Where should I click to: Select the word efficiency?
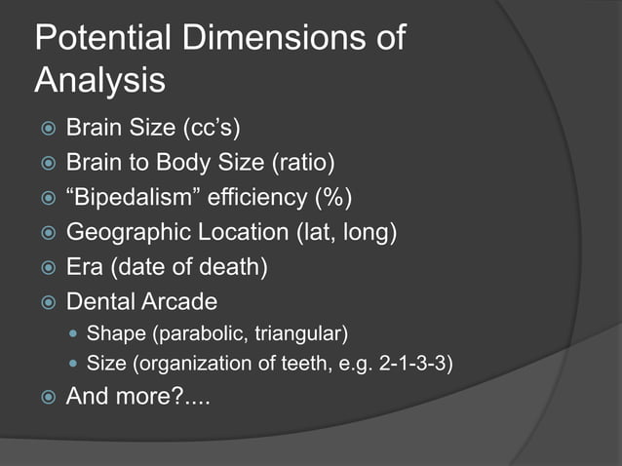[255, 198]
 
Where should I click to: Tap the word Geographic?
[127, 233]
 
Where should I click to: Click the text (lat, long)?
[336, 233]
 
